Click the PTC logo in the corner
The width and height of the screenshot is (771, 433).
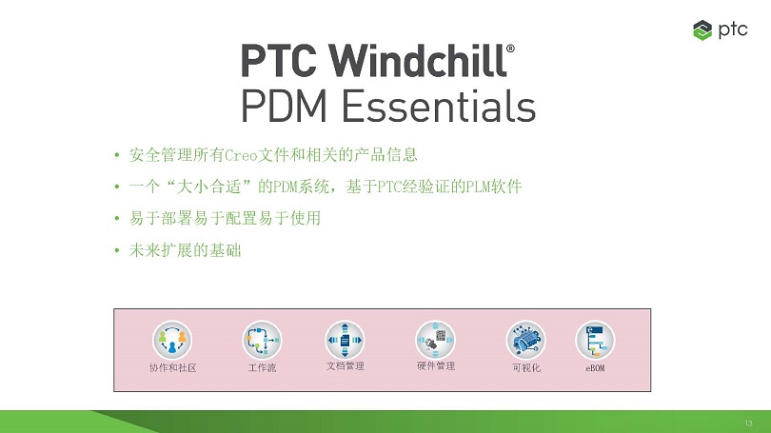(x=720, y=30)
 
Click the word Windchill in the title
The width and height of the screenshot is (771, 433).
(x=418, y=60)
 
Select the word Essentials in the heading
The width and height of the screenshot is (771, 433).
(x=439, y=106)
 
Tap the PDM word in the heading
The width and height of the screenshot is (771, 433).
(x=284, y=106)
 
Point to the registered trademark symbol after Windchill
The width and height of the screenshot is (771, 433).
(x=510, y=49)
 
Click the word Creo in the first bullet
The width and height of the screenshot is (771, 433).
(x=241, y=155)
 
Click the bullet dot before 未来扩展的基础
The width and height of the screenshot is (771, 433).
(x=117, y=250)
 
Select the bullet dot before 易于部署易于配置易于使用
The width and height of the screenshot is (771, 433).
(x=117, y=218)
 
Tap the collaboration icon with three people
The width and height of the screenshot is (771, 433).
(x=172, y=340)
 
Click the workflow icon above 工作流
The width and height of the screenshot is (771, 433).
(x=262, y=340)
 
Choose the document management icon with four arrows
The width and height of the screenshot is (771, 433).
(x=345, y=340)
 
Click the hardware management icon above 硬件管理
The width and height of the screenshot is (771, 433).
(x=435, y=340)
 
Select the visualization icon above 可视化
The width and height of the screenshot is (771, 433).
(x=525, y=340)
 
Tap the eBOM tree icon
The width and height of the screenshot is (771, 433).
(x=595, y=340)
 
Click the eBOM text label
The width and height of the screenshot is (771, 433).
(x=595, y=368)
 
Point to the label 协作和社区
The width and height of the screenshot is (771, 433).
(x=172, y=367)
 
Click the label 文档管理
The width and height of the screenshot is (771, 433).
(x=346, y=366)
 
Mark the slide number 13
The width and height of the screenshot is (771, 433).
(x=748, y=423)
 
